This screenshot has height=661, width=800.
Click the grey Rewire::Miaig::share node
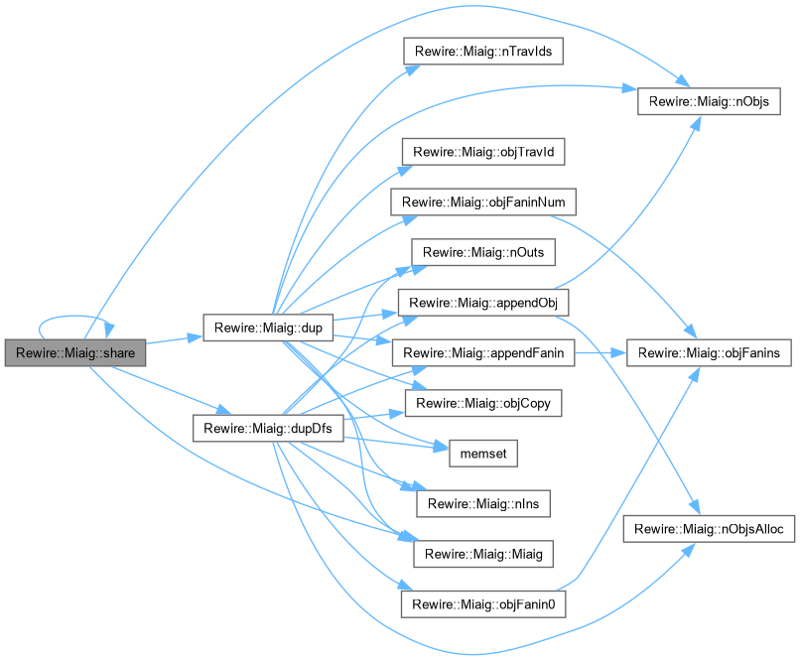pyautogui.click(x=75, y=352)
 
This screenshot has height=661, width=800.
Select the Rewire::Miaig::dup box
pyautogui.click(x=267, y=328)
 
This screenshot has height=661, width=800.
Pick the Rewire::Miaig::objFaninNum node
pyautogui.click(x=483, y=201)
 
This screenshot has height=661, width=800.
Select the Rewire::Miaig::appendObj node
pyautogui.click(x=483, y=302)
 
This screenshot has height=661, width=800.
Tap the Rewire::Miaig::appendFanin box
pyautogui.click(x=483, y=352)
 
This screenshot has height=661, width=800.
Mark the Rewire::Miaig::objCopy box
pyautogui.click(x=483, y=403)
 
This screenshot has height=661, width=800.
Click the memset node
pyautogui.click(x=483, y=453)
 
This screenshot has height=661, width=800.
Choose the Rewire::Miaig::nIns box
pyautogui.click(x=483, y=503)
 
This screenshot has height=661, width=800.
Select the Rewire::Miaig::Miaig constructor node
pyautogui.click(x=483, y=553)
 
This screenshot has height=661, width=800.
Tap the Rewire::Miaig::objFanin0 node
pyautogui.click(x=483, y=603)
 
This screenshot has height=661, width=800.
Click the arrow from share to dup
pyautogui.click(x=174, y=340)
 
